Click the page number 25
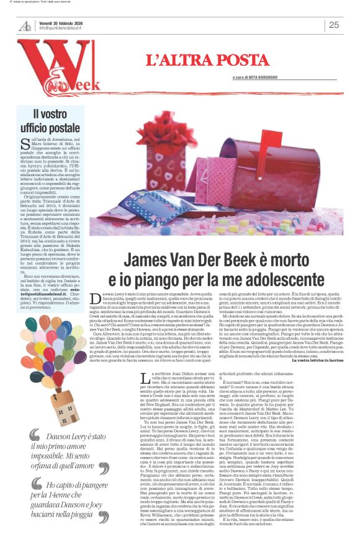pyautogui.click(x=333, y=25)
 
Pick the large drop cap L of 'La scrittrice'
pyautogui.click(x=145, y=378)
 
